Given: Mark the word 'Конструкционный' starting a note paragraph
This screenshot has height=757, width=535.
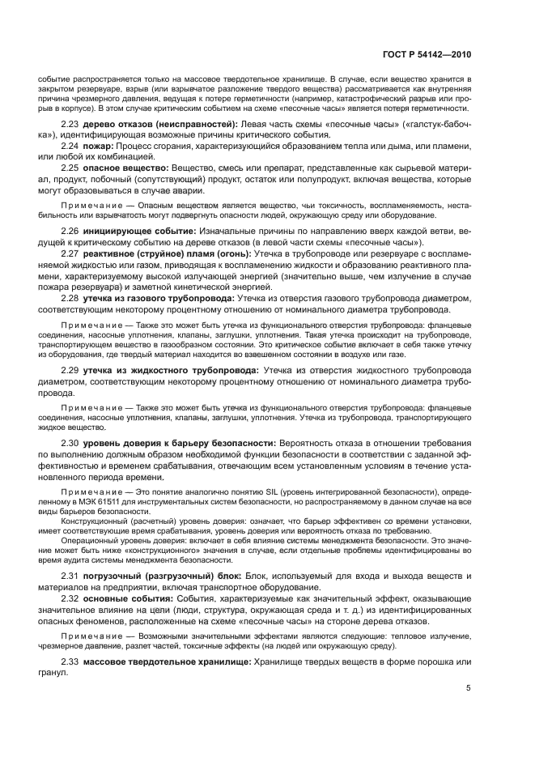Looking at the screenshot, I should point(90,522).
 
